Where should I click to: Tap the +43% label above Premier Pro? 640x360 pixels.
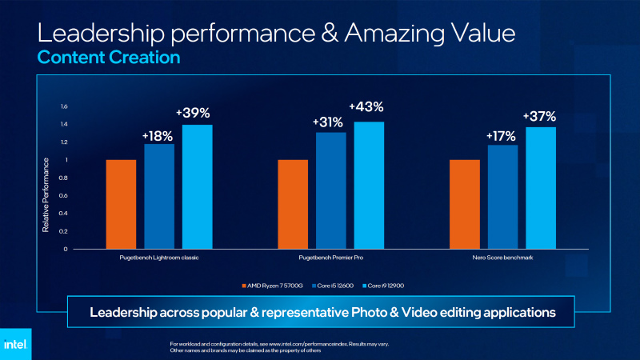366,106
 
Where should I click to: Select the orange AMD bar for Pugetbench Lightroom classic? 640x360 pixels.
121,204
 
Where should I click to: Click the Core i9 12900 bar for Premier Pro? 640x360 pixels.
369,185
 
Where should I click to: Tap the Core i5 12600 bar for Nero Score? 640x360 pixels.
502,196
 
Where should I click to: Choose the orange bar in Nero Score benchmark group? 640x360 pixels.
465,204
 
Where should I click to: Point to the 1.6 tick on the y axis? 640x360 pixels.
65,106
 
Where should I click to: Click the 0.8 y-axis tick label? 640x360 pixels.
65,178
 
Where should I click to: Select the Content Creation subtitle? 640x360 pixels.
109,58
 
